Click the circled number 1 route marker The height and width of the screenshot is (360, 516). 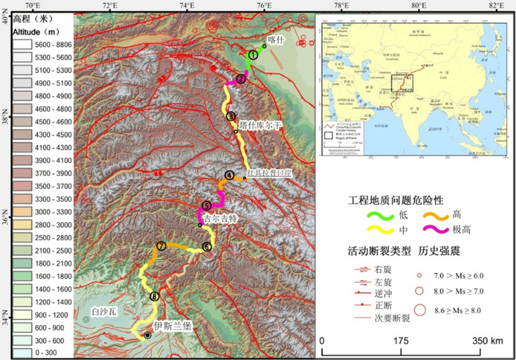[253, 55]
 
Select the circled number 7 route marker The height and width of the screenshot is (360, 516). [161, 246]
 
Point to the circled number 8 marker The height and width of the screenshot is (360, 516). [154, 296]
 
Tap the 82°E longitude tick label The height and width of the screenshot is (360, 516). [495, 6]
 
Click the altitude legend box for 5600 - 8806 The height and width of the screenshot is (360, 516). [23, 45]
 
